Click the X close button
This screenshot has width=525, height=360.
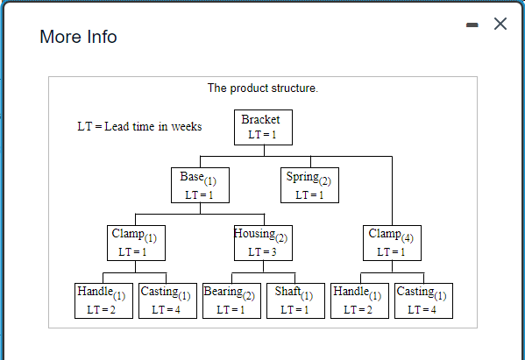(x=500, y=24)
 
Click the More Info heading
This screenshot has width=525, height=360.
(x=78, y=37)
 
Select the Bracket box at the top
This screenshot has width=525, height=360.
(x=263, y=127)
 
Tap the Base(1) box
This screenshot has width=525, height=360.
(x=200, y=185)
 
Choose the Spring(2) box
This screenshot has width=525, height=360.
(x=309, y=185)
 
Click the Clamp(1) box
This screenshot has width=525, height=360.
(x=134, y=243)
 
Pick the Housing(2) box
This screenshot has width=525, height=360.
(x=263, y=243)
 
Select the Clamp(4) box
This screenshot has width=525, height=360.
(x=392, y=243)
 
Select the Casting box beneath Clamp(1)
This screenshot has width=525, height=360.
(x=167, y=300)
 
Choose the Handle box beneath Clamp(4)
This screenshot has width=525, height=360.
(x=359, y=300)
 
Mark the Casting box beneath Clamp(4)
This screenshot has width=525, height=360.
(x=423, y=300)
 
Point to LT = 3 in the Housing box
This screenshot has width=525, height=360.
(x=262, y=252)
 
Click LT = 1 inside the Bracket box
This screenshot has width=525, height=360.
(x=262, y=135)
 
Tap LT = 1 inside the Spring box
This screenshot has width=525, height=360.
(x=309, y=194)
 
